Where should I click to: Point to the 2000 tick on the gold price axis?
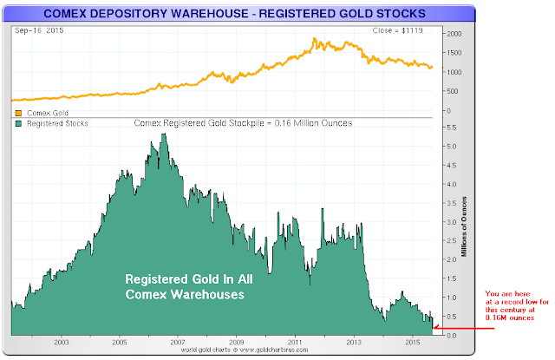pyautogui.click(x=453, y=32)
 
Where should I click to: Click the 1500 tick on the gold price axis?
pyautogui.click(x=453, y=52)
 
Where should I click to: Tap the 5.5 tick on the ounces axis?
pyautogui.click(x=452, y=127)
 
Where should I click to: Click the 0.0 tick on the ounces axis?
pyautogui.click(x=452, y=335)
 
